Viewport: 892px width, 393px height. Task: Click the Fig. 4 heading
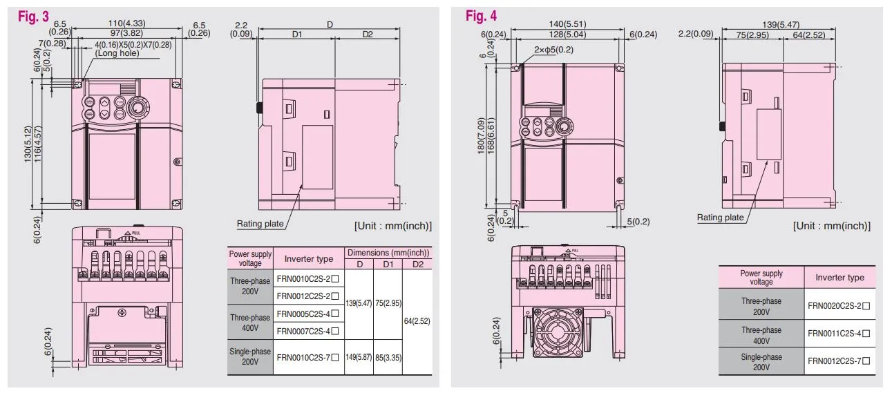481,15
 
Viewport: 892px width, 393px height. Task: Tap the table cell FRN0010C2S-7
308,357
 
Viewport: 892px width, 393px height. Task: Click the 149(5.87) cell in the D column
359,357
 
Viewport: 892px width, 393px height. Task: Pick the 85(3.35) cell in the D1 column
388,357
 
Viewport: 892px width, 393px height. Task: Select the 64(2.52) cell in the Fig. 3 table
417,320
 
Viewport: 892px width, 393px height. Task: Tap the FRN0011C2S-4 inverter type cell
839,333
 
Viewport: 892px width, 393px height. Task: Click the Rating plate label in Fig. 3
260,224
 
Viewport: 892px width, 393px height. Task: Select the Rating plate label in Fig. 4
720,218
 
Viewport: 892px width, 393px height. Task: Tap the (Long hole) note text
118,53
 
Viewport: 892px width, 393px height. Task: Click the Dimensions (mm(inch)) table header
388,253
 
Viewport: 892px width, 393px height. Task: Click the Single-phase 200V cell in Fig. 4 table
761,361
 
